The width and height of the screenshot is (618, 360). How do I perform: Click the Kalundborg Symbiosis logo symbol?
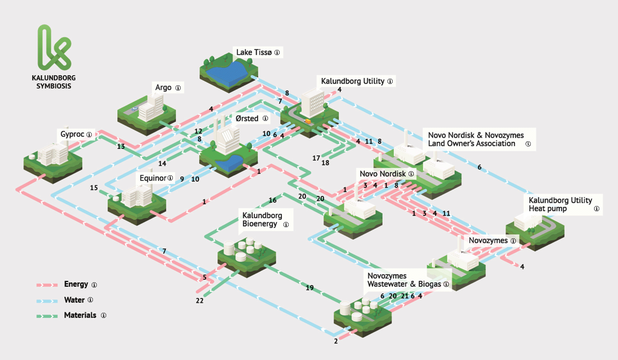[53, 46]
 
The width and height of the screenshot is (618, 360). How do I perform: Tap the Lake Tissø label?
[253, 52]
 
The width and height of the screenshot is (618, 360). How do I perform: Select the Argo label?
[163, 88]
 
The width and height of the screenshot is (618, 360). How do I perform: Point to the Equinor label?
[152, 178]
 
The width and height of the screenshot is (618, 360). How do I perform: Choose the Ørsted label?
[246, 119]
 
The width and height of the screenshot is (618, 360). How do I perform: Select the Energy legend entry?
[76, 285]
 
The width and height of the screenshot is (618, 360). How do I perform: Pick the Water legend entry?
[74, 300]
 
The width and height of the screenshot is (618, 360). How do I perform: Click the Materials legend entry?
[80, 315]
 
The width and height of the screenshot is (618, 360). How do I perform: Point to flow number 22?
[200, 301]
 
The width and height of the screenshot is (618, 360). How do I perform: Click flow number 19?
[309, 288]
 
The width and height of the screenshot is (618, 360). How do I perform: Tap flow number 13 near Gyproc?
[121, 147]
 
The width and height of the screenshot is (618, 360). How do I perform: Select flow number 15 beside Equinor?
[94, 188]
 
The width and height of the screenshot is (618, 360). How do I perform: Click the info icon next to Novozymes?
[513, 241]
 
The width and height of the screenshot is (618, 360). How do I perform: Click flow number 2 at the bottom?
[336, 341]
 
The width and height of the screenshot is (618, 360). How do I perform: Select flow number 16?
[272, 200]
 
